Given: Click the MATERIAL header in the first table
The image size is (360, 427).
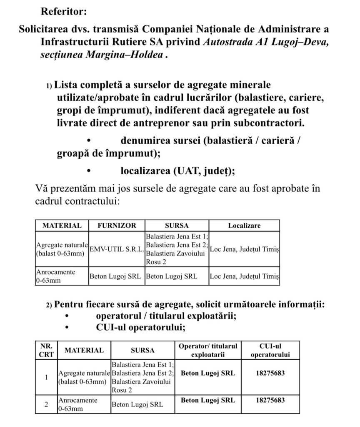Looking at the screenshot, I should coord(62,226).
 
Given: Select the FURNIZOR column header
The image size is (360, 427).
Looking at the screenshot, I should coord(117,226).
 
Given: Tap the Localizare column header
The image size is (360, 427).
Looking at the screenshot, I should coord(244,226).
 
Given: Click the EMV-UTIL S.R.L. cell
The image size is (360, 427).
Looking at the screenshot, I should coord(117,249).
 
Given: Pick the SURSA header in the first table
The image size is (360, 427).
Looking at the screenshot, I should coord(177,226).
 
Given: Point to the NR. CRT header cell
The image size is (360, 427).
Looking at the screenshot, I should coord(46,350).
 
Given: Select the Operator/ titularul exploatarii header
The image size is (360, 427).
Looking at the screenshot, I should coord(208,350).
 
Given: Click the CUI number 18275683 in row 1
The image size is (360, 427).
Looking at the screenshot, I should coord(270,373).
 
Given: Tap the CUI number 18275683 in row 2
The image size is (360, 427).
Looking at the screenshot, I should coord(270,400).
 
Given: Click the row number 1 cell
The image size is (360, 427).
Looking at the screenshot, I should coord(46,377).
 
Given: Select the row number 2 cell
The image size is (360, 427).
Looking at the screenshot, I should coord(46,404).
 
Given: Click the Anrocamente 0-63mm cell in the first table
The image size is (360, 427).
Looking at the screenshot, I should coord(56,276).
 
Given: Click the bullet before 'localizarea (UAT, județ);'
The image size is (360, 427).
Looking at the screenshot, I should coord(89,171).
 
